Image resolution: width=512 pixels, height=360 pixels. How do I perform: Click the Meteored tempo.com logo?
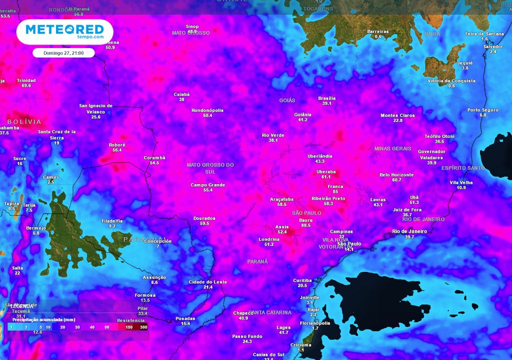[64, 31]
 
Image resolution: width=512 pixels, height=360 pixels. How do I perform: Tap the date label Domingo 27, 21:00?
[63, 53]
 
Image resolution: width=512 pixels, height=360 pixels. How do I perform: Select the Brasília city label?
[327, 98]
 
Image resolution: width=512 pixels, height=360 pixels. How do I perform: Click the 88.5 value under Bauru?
[305, 225]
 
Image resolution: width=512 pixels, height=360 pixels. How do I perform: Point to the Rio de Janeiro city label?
[409, 231]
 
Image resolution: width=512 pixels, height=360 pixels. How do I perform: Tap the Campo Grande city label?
[208, 185]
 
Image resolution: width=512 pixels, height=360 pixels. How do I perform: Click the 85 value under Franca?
[335, 191]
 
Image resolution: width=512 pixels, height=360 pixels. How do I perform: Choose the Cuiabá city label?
[181, 94]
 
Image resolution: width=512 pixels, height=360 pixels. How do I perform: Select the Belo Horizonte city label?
[396, 175]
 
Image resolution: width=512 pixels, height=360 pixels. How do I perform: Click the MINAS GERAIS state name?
[392, 149]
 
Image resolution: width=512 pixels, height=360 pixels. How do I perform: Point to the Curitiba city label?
[302, 280]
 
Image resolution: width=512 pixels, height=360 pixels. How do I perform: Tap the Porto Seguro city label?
[483, 110]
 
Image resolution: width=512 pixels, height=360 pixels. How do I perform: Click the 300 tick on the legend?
[143, 327]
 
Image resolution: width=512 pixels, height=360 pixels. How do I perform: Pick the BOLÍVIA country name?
[24, 122]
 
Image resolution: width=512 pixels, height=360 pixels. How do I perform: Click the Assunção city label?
[154, 277]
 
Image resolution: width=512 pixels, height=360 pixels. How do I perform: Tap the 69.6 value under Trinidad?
[26, 85]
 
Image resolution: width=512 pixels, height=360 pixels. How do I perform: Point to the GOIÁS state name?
[287, 100]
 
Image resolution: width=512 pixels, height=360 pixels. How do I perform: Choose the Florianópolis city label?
[315, 323]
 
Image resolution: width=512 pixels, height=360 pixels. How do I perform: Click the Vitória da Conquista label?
[451, 80]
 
